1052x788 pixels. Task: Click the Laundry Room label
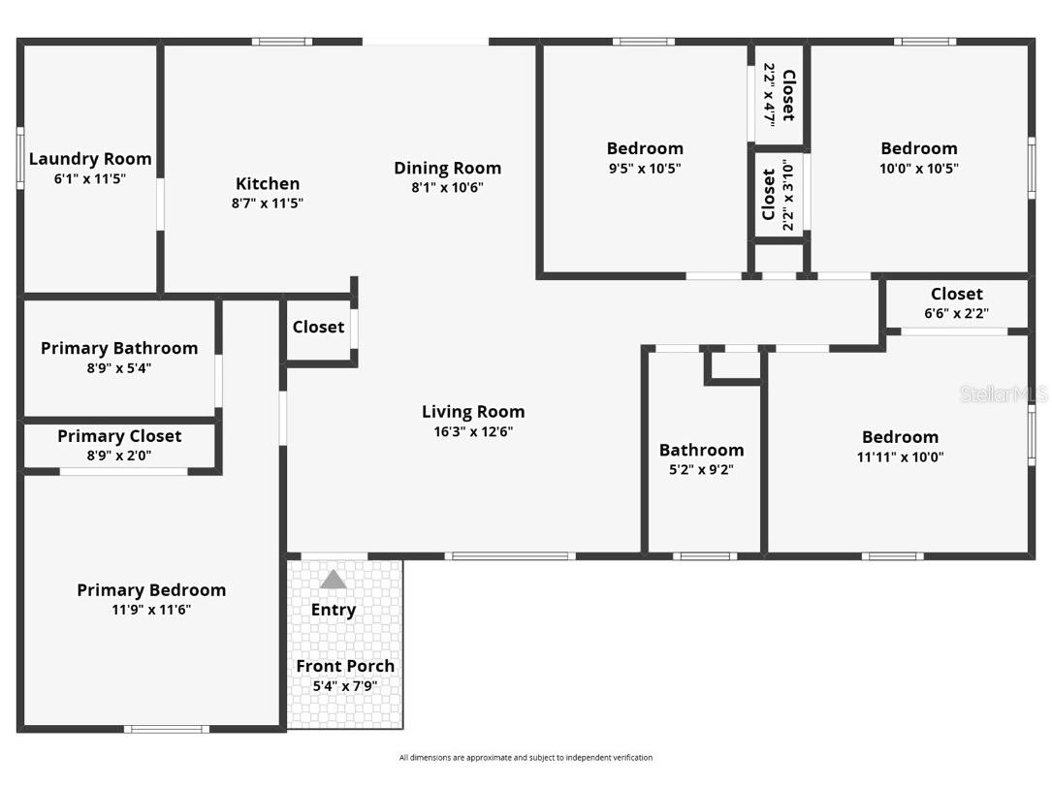coord(90,159)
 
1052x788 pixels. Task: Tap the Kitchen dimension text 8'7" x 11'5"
coord(268,204)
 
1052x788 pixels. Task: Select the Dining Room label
coord(447,168)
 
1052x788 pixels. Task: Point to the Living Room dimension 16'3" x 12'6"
coord(473,432)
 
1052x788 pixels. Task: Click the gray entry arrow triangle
coord(333,580)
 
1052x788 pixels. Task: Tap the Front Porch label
coord(345,666)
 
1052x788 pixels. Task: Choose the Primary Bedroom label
coord(151,590)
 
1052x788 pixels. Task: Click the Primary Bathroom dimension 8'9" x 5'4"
coord(118,368)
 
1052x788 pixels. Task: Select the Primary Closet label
coord(119,436)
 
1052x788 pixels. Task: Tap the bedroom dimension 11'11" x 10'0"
coord(900,457)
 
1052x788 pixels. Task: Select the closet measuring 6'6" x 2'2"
coord(956,303)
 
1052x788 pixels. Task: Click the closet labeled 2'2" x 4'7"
coord(779,95)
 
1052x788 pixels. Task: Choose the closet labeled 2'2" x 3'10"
coord(779,195)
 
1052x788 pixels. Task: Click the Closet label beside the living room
coord(318,328)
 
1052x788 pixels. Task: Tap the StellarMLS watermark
coord(1003,394)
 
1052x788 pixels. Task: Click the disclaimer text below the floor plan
coord(526,758)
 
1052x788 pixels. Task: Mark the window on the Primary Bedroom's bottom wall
coord(166,728)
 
